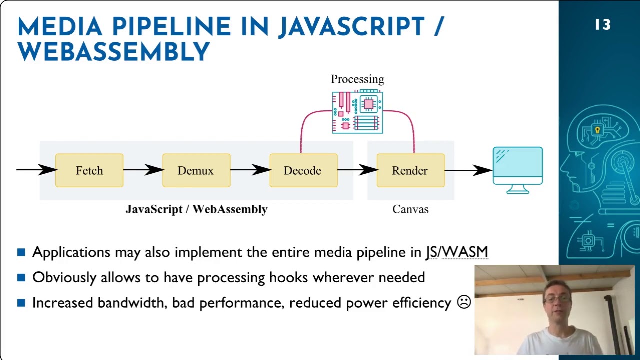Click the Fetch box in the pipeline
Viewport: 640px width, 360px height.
pos(89,170)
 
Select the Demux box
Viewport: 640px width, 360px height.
pos(196,170)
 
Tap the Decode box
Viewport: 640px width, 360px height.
pos(303,170)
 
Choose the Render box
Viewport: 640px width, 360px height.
pos(410,170)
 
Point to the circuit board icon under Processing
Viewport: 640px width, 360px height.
pos(357,112)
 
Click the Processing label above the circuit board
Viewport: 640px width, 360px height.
pos(357,79)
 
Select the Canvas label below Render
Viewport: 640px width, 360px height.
pos(410,209)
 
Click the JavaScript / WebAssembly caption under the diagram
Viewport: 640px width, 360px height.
pos(196,209)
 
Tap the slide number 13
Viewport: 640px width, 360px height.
pos(603,25)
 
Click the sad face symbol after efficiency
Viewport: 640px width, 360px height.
pos(464,302)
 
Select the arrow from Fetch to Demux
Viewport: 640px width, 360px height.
pos(143,170)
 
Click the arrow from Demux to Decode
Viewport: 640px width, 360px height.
pos(250,170)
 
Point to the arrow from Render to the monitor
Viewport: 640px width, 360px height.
pos(468,170)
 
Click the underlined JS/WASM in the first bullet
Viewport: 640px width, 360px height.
pos(456,252)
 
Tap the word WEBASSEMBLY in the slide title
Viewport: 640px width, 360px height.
pos(114,52)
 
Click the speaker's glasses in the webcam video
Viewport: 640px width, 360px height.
pos(557,299)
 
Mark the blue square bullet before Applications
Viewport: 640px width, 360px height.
pos(21,252)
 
